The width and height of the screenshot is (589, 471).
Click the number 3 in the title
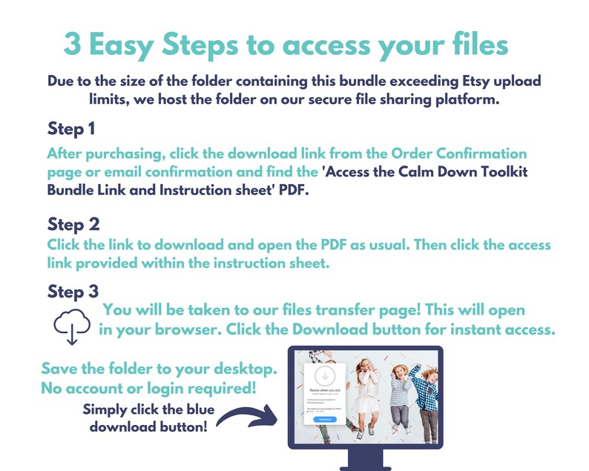pos(73,44)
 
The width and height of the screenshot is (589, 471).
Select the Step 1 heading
pos(71,129)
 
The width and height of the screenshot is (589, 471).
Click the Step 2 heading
pos(73,223)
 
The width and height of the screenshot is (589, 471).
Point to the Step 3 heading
pos(73,290)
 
